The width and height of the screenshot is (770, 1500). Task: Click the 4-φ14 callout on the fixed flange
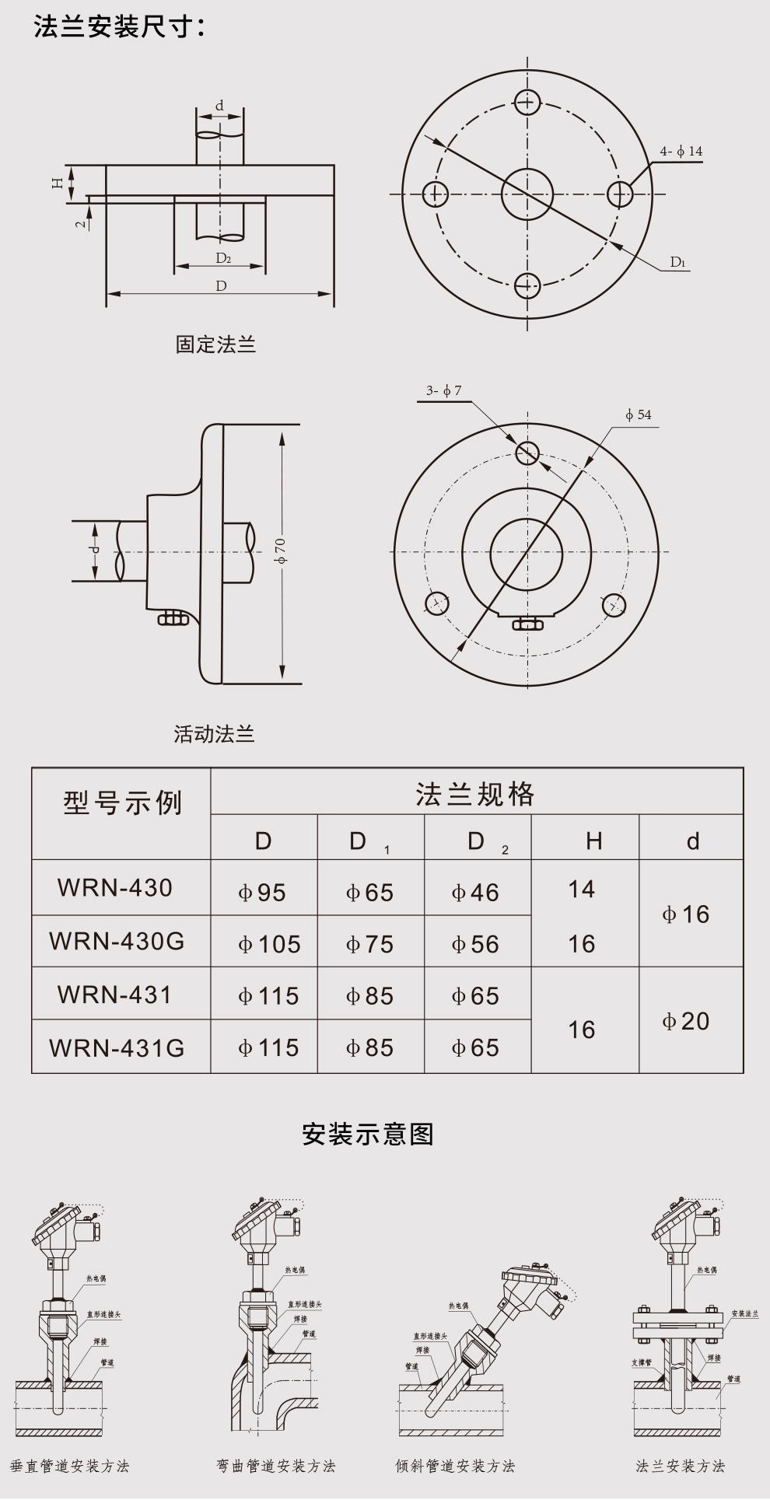(x=681, y=152)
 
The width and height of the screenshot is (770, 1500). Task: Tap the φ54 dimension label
(x=639, y=414)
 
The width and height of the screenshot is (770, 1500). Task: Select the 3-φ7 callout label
(x=444, y=390)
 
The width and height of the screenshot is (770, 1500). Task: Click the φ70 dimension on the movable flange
(x=281, y=551)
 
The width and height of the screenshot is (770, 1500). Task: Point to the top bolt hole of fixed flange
(x=527, y=101)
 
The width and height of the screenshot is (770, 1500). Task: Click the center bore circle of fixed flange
(x=527, y=194)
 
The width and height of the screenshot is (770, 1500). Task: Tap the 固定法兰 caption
(x=215, y=344)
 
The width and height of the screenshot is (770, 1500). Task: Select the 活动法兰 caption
(x=215, y=733)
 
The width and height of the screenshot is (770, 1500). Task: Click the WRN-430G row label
(x=117, y=941)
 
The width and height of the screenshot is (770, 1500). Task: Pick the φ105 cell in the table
(x=269, y=944)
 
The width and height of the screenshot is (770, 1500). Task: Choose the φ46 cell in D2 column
(x=475, y=893)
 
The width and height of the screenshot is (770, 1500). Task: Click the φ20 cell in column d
(x=686, y=1021)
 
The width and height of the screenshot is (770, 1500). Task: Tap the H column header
(x=594, y=841)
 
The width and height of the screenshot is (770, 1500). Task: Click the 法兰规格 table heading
(x=475, y=794)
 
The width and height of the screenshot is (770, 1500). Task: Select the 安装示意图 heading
(x=368, y=1134)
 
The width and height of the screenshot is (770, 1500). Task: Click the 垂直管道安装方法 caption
(x=70, y=1466)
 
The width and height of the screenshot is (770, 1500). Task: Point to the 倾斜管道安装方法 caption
(x=455, y=1466)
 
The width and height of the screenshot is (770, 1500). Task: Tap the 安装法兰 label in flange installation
(x=744, y=1314)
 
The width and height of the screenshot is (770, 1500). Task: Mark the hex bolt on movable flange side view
(x=173, y=618)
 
